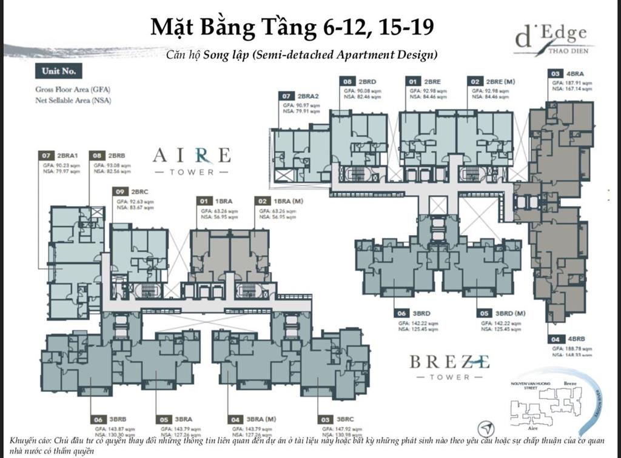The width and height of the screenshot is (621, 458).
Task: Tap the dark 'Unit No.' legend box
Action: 58,71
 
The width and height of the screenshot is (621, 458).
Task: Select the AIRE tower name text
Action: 192,156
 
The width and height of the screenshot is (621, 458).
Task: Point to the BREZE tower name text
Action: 449,362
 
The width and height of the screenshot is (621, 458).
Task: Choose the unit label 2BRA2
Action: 308,96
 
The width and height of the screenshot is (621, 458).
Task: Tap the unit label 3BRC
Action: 344,419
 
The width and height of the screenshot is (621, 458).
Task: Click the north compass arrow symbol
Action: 486,427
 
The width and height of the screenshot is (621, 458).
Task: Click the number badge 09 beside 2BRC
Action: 119,191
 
